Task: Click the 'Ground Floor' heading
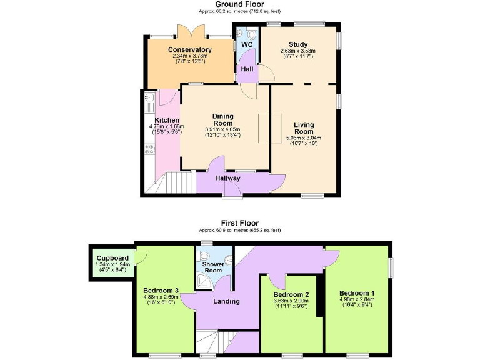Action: tap(239, 4)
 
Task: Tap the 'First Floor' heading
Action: tap(239, 222)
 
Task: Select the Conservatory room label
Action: tap(190, 50)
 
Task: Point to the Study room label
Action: tap(297, 44)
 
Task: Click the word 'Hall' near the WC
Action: tap(246, 69)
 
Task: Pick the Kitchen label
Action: tap(167, 120)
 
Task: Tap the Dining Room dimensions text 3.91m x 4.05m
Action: tap(222, 129)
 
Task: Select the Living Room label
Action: tap(304, 127)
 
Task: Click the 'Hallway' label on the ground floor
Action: tap(228, 178)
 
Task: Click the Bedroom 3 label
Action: tap(161, 291)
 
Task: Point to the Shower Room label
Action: tap(212, 267)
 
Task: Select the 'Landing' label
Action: tap(226, 301)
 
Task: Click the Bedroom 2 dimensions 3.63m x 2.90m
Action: tap(291, 301)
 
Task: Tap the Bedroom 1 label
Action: tap(357, 293)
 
